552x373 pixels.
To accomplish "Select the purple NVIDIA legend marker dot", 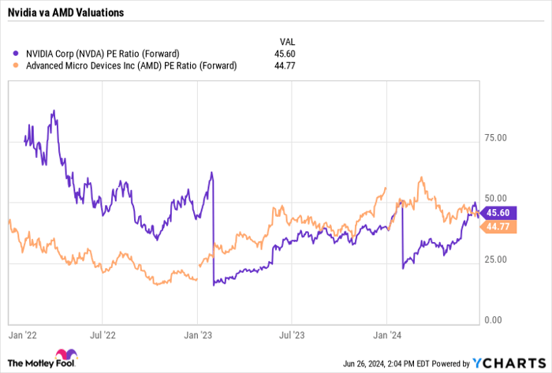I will pyautogui.click(x=17, y=54).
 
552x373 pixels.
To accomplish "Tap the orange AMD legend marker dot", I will pyautogui.click(x=17, y=66).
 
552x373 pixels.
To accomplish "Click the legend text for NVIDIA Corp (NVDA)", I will pyautogui.click(x=111, y=54).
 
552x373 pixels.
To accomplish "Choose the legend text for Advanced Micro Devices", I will pyautogui.click(x=131, y=66).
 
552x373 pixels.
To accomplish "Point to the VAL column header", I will pyautogui.click(x=288, y=41).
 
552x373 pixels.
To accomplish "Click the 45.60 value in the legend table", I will pyautogui.click(x=289, y=54).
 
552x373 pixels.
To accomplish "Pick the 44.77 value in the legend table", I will pyautogui.click(x=289, y=66).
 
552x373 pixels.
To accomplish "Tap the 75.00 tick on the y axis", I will pyautogui.click(x=496, y=137).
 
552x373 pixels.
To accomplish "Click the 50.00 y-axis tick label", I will pyautogui.click(x=496, y=198).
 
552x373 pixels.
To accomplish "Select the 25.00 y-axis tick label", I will pyautogui.click(x=496, y=259).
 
